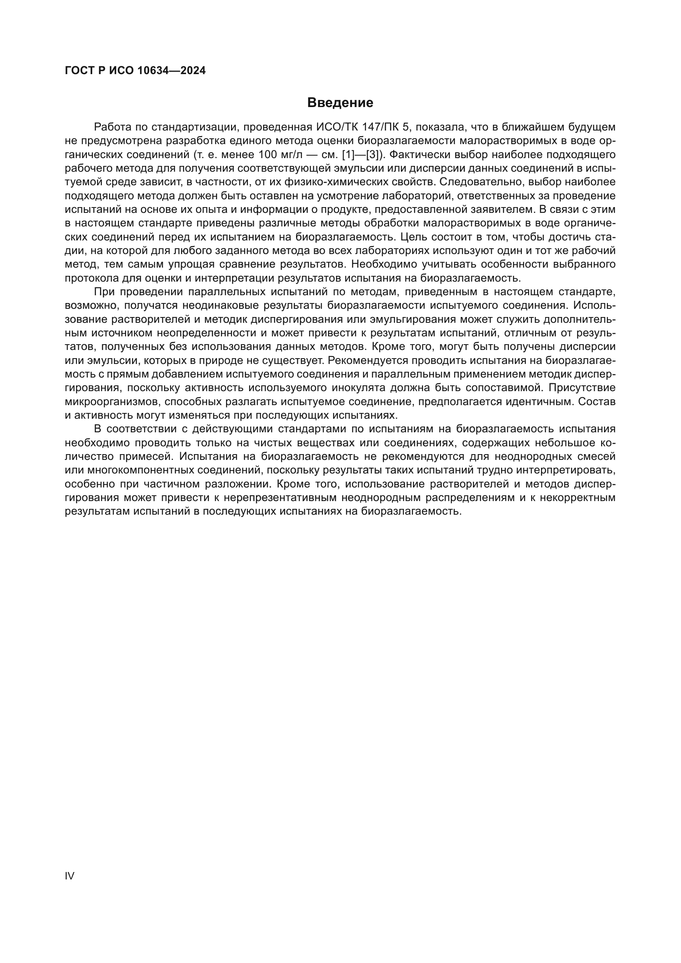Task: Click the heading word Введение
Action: [x=340, y=103]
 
